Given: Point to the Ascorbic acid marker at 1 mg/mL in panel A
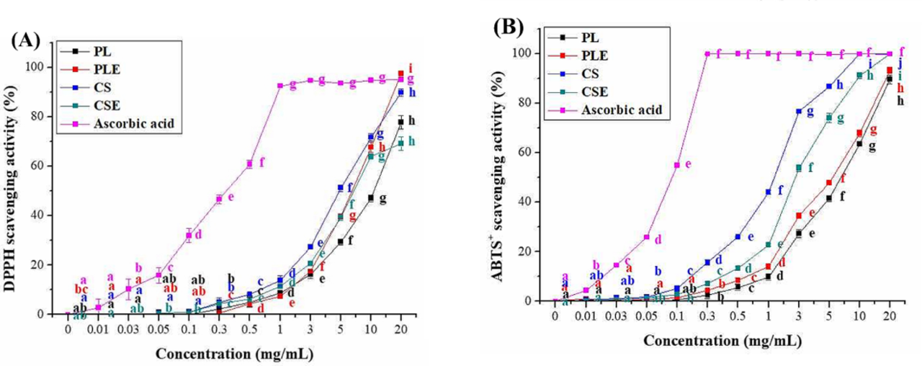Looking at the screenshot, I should tap(279, 86).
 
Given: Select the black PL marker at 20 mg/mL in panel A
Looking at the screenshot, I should tap(400, 122).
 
